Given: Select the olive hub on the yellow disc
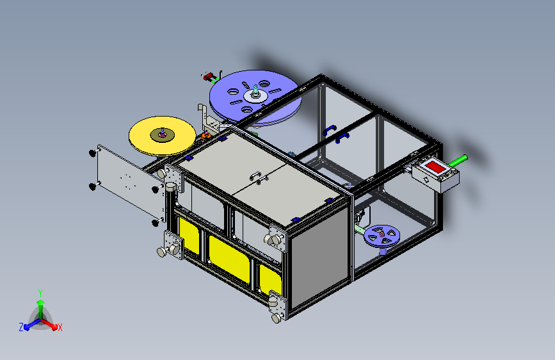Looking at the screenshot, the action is pyautogui.click(x=162, y=135).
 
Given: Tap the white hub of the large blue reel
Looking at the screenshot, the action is pyautogui.click(x=255, y=95).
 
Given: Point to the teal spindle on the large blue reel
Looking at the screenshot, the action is pyautogui.click(x=255, y=90).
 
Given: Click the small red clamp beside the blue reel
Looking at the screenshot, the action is pyautogui.click(x=208, y=76).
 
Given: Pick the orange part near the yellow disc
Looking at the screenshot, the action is pyautogui.click(x=206, y=135).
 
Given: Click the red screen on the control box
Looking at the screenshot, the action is pyautogui.click(x=435, y=167).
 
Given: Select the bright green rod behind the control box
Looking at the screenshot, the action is pyautogui.click(x=458, y=161).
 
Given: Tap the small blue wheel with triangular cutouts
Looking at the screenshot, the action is pyautogui.click(x=382, y=236).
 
